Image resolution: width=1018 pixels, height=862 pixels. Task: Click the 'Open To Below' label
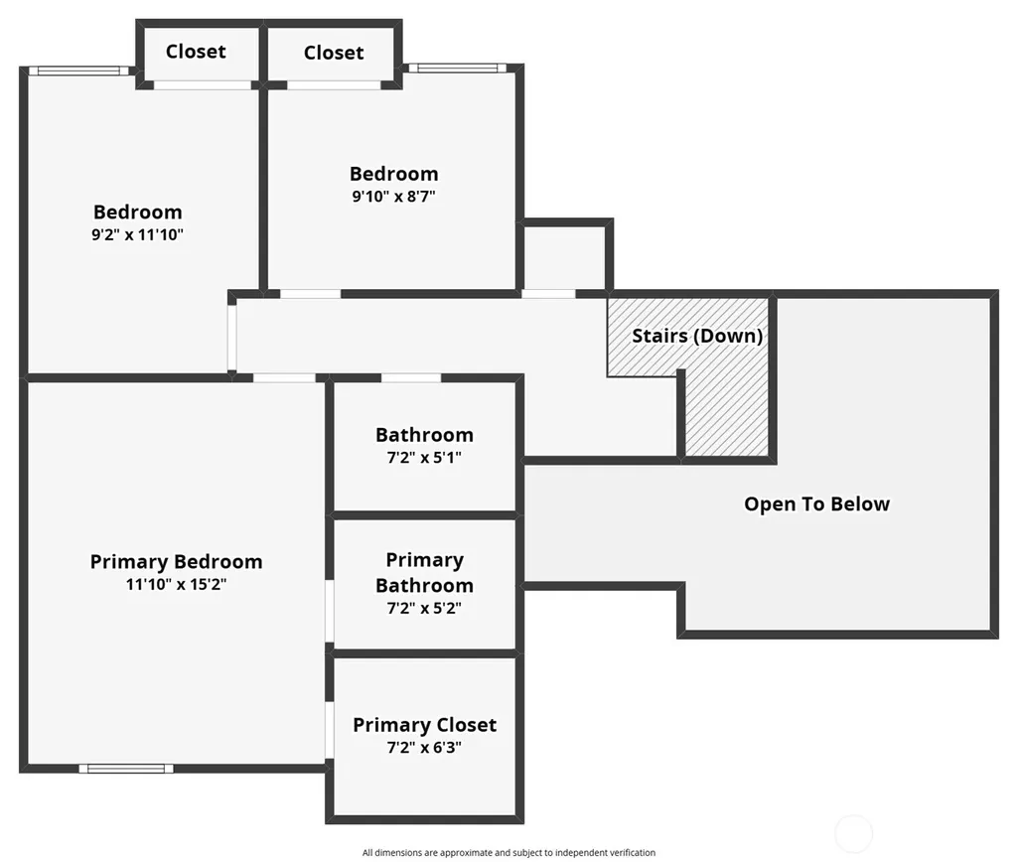pyautogui.click(x=816, y=504)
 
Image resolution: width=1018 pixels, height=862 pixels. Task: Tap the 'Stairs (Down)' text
pyautogui.click(x=697, y=336)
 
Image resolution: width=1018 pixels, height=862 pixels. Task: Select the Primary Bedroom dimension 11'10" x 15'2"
pyautogui.click(x=176, y=584)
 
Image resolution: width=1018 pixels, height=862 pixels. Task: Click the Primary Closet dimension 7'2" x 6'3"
pyautogui.click(x=424, y=748)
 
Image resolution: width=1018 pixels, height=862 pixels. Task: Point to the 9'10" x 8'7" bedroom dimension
pyautogui.click(x=393, y=196)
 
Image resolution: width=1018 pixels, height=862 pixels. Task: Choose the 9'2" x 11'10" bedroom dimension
pyautogui.click(x=138, y=235)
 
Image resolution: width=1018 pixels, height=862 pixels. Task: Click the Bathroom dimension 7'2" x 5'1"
pyautogui.click(x=424, y=458)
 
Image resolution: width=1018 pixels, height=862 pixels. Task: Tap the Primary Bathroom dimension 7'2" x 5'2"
pyautogui.click(x=424, y=608)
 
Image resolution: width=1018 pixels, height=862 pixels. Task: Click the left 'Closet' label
pyautogui.click(x=196, y=52)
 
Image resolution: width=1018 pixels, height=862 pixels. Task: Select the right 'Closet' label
pyautogui.click(x=334, y=53)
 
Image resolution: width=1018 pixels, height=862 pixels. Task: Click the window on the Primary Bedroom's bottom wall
pyautogui.click(x=126, y=769)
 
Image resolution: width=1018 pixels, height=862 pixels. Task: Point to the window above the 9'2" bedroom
pyautogui.click(x=78, y=71)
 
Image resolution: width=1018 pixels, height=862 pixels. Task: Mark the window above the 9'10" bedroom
pyautogui.click(x=457, y=69)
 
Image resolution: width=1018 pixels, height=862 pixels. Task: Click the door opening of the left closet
pyautogui.click(x=202, y=85)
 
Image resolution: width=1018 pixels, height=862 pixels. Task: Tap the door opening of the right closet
pyautogui.click(x=334, y=85)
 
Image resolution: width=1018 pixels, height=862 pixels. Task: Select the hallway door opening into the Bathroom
pyautogui.click(x=411, y=377)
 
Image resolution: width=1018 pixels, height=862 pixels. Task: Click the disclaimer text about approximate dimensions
pyautogui.click(x=509, y=852)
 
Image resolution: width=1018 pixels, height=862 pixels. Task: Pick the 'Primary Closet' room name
pyautogui.click(x=425, y=725)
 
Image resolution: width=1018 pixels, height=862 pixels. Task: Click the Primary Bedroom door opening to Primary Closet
pyautogui.click(x=330, y=730)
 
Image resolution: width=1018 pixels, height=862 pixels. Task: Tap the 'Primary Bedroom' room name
pyautogui.click(x=176, y=562)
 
